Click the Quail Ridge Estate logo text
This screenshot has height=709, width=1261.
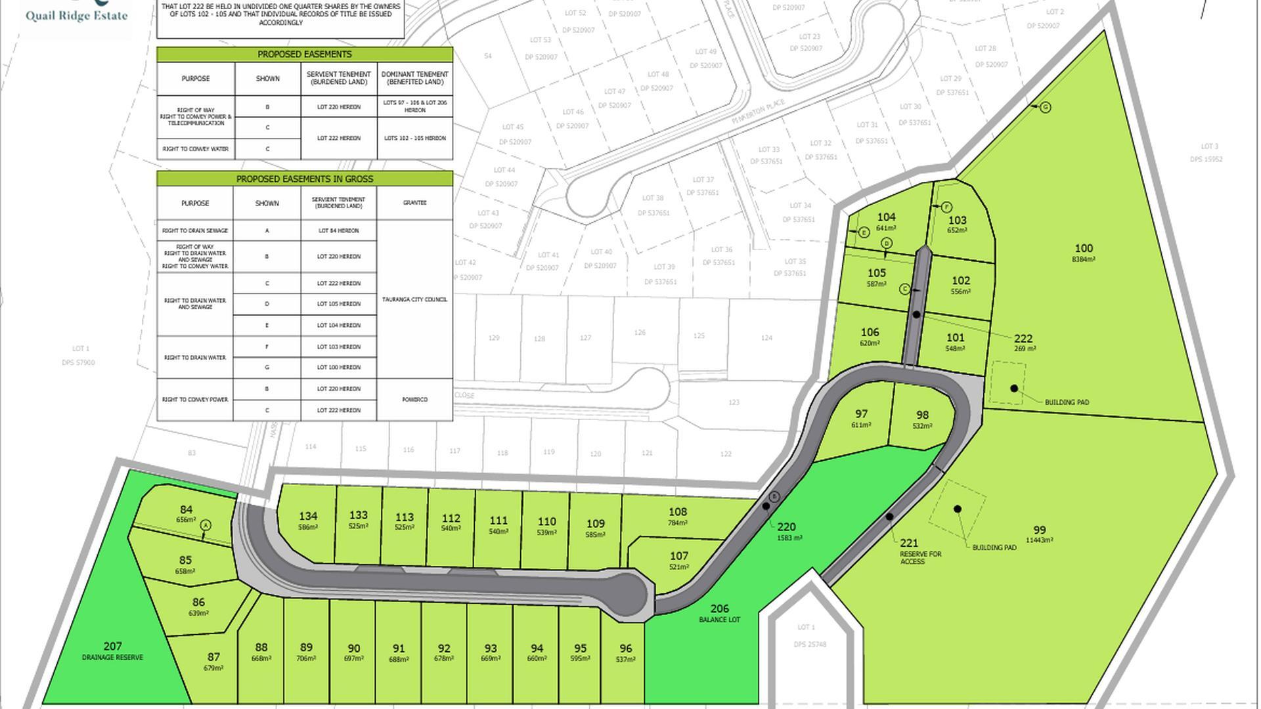pos(76,15)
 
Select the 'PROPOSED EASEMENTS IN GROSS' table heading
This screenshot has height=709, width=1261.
pos(304,179)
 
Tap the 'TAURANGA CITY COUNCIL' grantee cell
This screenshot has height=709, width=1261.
pos(414,299)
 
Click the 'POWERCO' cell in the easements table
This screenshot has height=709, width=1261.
pos(414,399)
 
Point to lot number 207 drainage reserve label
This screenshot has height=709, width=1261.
pos(112,647)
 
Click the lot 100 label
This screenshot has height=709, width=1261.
pos(1084,249)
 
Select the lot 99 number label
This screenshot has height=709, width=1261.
pos(1039,530)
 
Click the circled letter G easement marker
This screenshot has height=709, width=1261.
pos(1046,107)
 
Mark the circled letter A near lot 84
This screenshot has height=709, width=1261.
pos(206,525)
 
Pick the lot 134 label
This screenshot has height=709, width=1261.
pos(308,517)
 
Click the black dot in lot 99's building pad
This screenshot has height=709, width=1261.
pos(958,509)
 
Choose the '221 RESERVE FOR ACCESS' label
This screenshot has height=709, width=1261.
pos(910,544)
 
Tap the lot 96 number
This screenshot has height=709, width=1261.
pos(625,649)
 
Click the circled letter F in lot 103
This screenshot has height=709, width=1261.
pos(946,207)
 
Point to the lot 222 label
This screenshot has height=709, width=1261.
pos(1023,339)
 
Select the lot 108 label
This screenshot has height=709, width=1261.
pos(678,512)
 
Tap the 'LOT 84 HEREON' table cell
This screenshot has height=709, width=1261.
pos(338,230)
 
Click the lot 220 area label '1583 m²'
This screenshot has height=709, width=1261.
pos(789,538)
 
